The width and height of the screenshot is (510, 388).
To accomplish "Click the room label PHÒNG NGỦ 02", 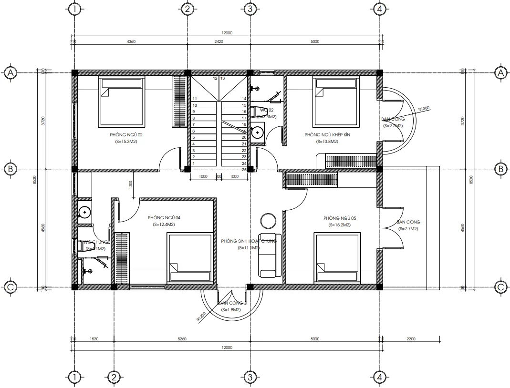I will click(126, 135).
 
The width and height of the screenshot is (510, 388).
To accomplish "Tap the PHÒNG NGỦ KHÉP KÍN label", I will click(327, 135).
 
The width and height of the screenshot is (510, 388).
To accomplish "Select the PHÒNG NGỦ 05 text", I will click(340, 218).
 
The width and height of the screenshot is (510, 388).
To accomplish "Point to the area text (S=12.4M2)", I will click(164, 224).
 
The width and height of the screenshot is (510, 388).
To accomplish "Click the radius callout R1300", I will click(424, 109).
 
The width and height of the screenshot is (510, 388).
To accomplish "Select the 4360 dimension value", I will click(131, 42).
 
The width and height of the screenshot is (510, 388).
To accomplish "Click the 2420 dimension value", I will click(219, 42).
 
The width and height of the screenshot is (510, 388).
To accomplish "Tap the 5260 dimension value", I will click(181, 339).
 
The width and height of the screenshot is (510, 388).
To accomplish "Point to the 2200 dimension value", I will click(411, 339).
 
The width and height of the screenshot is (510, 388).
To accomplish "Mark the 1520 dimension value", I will click(94, 339).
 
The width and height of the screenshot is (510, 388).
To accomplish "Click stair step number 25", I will click(244, 169).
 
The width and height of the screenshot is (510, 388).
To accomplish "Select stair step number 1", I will click(194, 163).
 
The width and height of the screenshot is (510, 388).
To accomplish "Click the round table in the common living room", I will click(268, 221).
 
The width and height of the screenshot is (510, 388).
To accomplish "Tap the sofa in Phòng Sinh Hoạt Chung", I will click(267, 255).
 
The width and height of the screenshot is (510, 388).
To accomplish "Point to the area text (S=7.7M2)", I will click(407, 229).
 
